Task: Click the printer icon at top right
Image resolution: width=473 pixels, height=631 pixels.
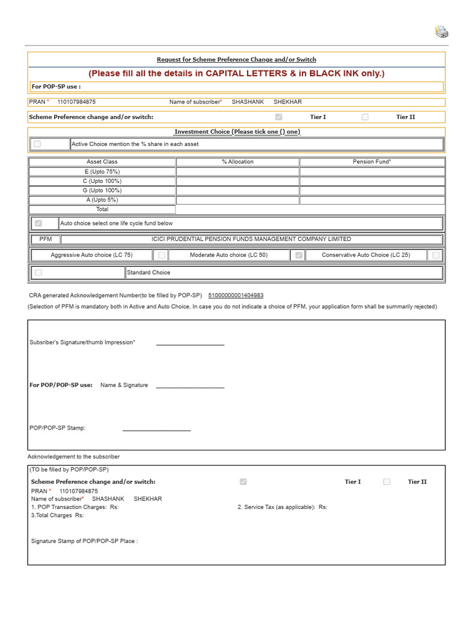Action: click(x=442, y=32)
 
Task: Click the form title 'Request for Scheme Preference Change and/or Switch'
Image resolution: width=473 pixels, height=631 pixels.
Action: click(x=236, y=60)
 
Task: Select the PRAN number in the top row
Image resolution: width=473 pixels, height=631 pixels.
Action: click(x=76, y=102)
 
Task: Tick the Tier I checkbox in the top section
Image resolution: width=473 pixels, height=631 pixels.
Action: click(x=279, y=117)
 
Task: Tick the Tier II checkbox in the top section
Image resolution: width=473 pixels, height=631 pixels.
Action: click(x=365, y=117)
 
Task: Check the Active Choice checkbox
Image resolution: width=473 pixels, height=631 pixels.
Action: click(x=38, y=144)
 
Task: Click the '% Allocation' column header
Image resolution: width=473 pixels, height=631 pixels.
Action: click(x=238, y=161)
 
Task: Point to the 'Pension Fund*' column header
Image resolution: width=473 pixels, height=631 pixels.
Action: click(x=372, y=161)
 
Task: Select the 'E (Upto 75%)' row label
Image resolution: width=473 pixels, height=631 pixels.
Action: click(x=102, y=171)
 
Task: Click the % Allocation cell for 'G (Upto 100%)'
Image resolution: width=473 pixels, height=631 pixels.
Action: click(x=238, y=190)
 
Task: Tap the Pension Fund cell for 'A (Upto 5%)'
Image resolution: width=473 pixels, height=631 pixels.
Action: click(x=372, y=200)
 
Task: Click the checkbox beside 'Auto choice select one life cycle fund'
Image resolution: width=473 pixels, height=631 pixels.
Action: click(x=38, y=223)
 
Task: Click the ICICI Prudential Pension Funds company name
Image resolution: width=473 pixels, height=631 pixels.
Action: click(x=251, y=239)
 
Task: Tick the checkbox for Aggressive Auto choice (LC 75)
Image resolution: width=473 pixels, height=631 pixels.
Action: click(x=161, y=254)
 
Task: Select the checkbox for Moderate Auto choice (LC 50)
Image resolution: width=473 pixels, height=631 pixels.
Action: click(x=299, y=254)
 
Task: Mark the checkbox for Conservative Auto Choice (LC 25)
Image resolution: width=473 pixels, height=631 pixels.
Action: click(x=436, y=254)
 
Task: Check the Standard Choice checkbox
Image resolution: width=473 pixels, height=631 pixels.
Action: click(x=38, y=272)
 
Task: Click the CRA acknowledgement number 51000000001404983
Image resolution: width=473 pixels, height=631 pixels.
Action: click(x=236, y=296)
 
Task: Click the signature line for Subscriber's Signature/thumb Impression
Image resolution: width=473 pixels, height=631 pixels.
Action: click(x=190, y=343)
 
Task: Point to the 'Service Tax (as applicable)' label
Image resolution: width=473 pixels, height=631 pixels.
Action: click(x=277, y=507)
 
